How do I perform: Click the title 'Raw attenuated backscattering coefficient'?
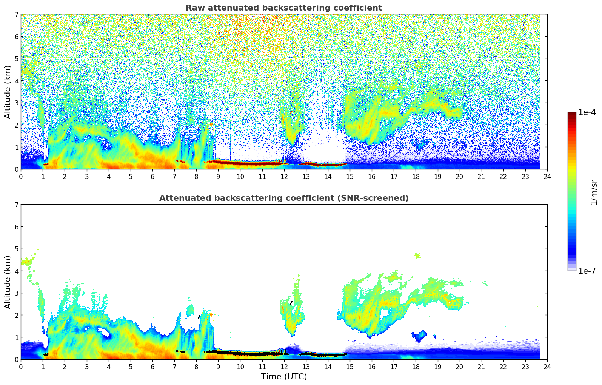pos(283,8)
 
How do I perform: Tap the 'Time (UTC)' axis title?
pos(284,377)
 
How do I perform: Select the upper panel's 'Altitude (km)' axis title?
pos(8,92)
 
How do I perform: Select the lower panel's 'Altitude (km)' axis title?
pos(8,282)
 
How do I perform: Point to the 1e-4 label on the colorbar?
pos(587,112)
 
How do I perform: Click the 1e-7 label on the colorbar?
pos(587,271)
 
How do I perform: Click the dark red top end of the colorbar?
pos(571,114)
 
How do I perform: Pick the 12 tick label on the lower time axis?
pos(284,367)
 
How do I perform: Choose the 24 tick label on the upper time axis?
pos(547,177)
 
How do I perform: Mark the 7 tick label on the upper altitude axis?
pos(17,14)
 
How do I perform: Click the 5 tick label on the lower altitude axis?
pos(17,249)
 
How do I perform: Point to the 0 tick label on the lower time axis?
pos(21,367)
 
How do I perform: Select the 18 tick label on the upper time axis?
pos(416,177)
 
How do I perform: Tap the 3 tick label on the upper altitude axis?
pos(17,103)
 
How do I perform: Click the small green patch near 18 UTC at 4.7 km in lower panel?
pos(417,256)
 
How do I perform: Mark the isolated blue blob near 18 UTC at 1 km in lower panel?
pos(419,335)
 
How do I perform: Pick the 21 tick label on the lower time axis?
pos(481,367)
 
